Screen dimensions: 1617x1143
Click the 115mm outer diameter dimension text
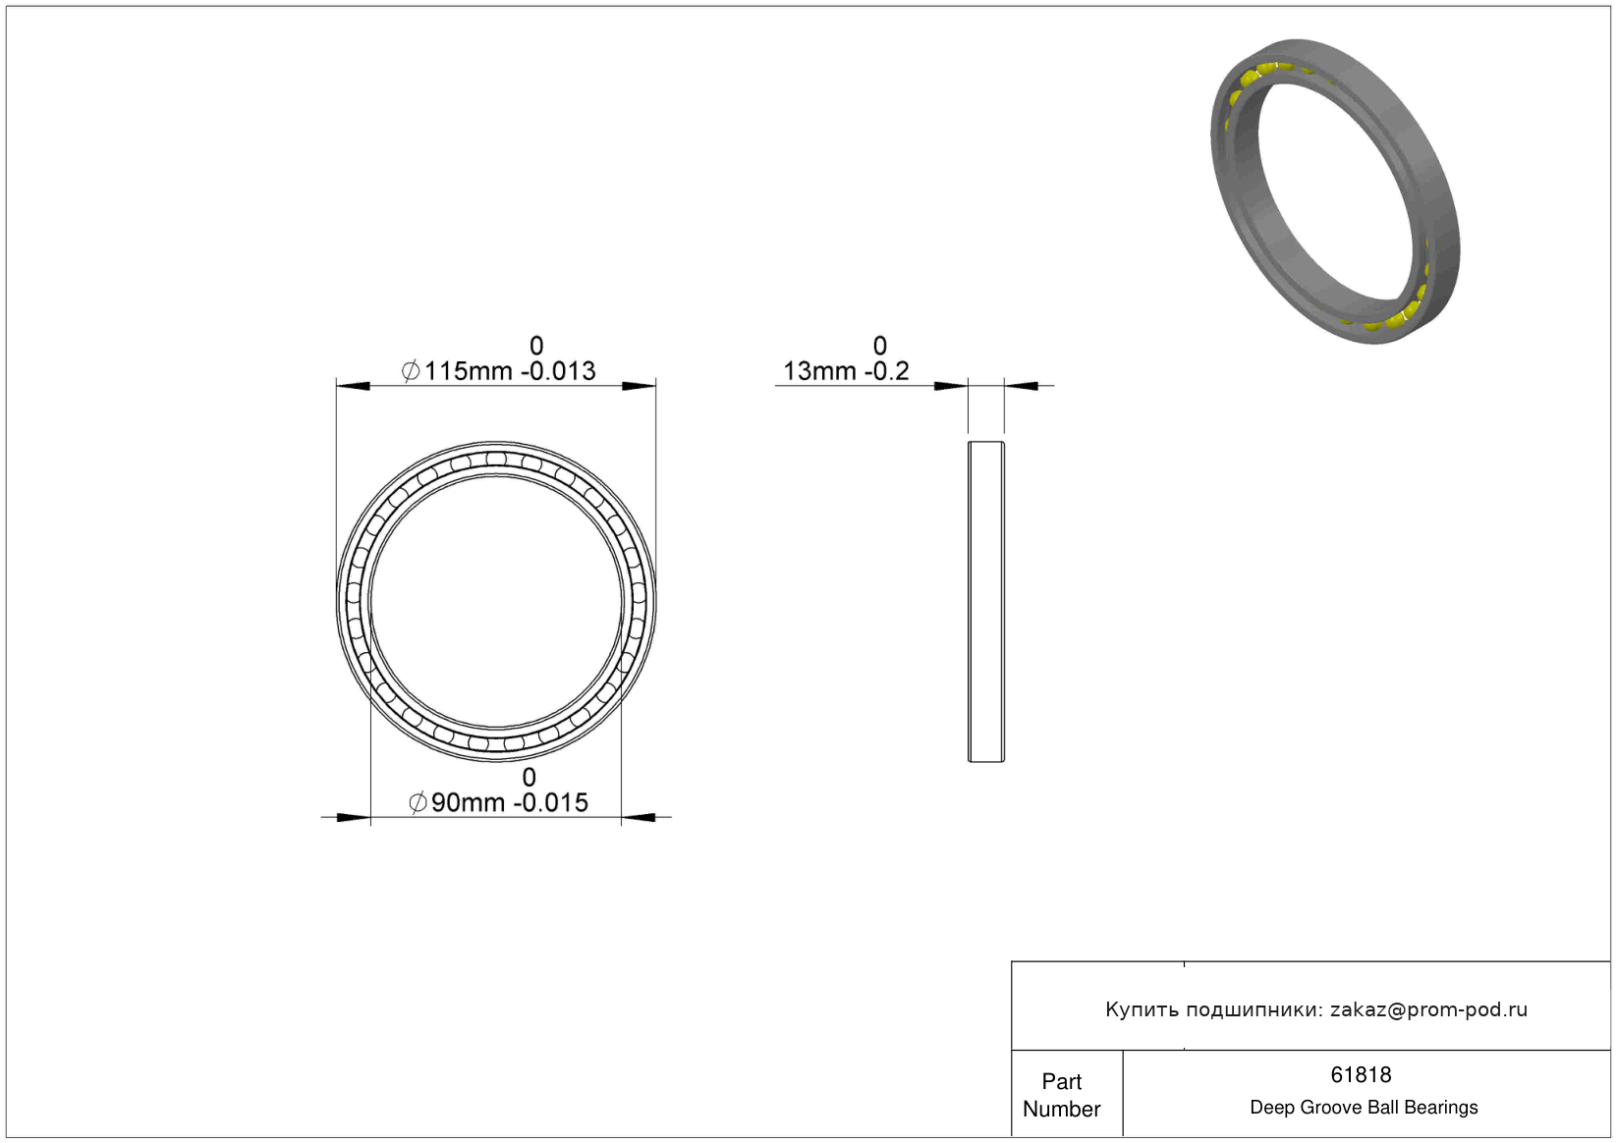click(x=468, y=371)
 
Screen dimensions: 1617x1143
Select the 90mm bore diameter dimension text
click(x=468, y=802)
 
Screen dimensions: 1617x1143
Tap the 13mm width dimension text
click(x=819, y=371)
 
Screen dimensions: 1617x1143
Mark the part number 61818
click(x=1361, y=1074)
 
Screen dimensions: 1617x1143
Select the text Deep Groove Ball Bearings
click(x=1364, y=1107)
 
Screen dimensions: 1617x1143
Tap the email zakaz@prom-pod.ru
click(x=1428, y=1009)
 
